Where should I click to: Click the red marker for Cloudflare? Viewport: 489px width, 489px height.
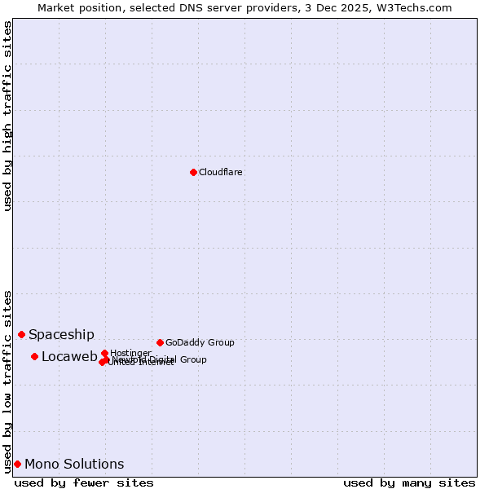(x=193, y=172)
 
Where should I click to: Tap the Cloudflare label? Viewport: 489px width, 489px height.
(x=221, y=172)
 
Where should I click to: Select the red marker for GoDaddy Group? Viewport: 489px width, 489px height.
(x=160, y=342)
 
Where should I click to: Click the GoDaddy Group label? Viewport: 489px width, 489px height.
(x=200, y=342)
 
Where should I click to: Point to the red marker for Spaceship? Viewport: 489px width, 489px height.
(x=21, y=334)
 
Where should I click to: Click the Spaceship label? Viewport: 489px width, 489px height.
(x=61, y=334)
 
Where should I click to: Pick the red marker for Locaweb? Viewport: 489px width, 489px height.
(x=34, y=356)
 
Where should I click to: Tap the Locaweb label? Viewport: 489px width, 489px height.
(x=69, y=356)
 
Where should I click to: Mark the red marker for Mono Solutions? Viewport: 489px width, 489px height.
(x=17, y=464)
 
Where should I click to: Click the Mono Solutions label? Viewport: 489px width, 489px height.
(x=74, y=464)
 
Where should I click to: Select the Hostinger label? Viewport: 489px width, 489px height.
(x=130, y=353)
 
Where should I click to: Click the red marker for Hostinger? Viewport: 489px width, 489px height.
(x=104, y=353)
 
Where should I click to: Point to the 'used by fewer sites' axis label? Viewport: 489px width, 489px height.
(x=84, y=482)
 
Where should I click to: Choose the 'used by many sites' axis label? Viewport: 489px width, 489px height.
(x=409, y=482)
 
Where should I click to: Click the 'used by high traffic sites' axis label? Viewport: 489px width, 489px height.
(x=7, y=117)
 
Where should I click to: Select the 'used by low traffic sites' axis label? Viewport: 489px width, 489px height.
(x=7, y=381)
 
